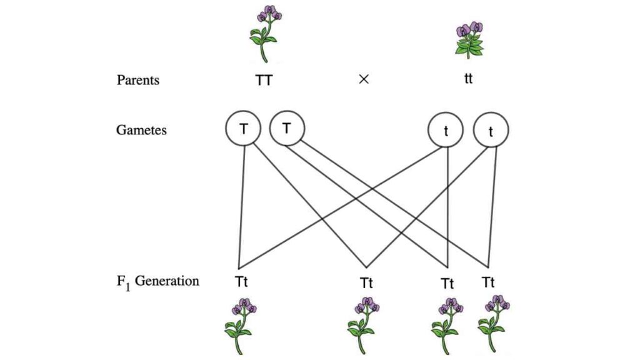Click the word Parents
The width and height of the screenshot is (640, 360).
click(x=137, y=81)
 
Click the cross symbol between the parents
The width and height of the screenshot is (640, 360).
click(x=364, y=81)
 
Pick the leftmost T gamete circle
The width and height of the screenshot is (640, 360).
click(x=242, y=129)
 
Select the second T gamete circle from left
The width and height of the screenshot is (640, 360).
click(x=287, y=129)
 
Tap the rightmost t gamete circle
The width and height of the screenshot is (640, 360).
click(x=491, y=131)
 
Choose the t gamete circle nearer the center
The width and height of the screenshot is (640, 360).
click(x=446, y=132)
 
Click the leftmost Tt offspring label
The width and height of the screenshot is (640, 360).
click(x=242, y=281)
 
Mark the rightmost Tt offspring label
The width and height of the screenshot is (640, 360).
click(x=488, y=282)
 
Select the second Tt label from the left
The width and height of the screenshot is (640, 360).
click(x=367, y=282)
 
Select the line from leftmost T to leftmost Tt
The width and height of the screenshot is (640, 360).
click(x=241, y=206)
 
